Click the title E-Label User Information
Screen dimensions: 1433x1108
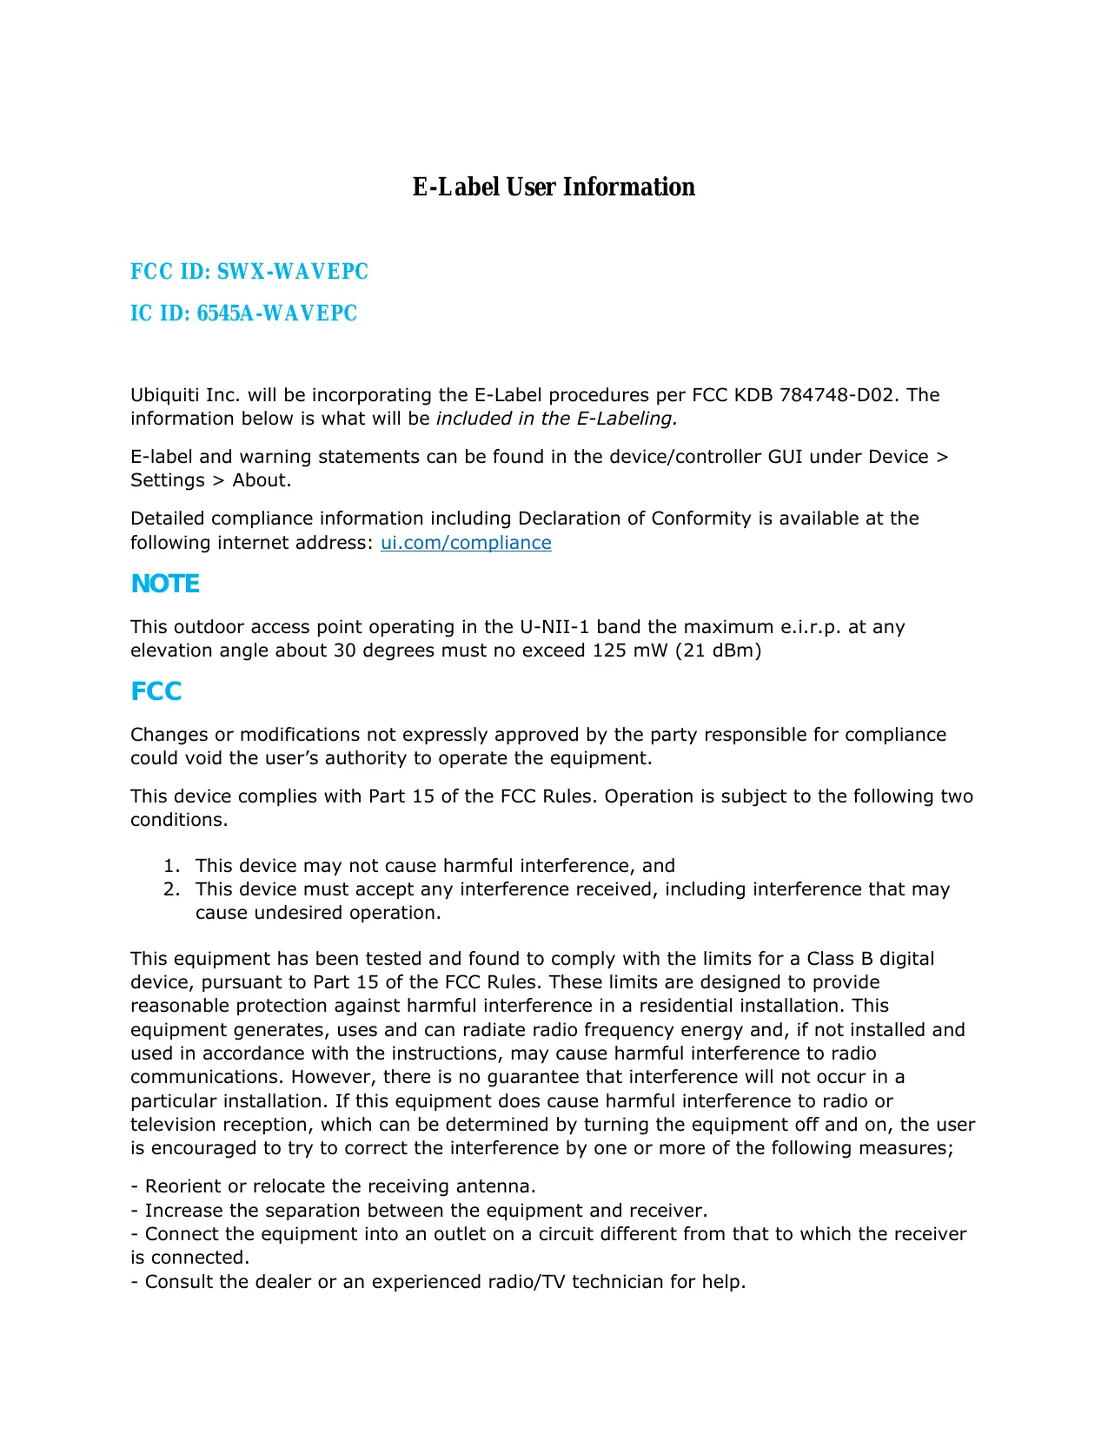tap(554, 187)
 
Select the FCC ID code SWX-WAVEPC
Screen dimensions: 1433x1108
tap(292, 272)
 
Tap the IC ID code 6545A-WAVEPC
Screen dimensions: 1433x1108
tap(276, 314)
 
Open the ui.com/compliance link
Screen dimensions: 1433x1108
tap(466, 543)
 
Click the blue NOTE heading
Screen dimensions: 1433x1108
tap(165, 584)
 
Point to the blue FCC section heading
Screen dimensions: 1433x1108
tap(156, 691)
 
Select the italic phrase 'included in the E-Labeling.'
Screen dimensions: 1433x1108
tap(556, 419)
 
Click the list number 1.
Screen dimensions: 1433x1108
tap(172, 866)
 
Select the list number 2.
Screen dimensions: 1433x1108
tap(172, 889)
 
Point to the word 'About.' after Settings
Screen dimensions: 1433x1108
tap(262, 480)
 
